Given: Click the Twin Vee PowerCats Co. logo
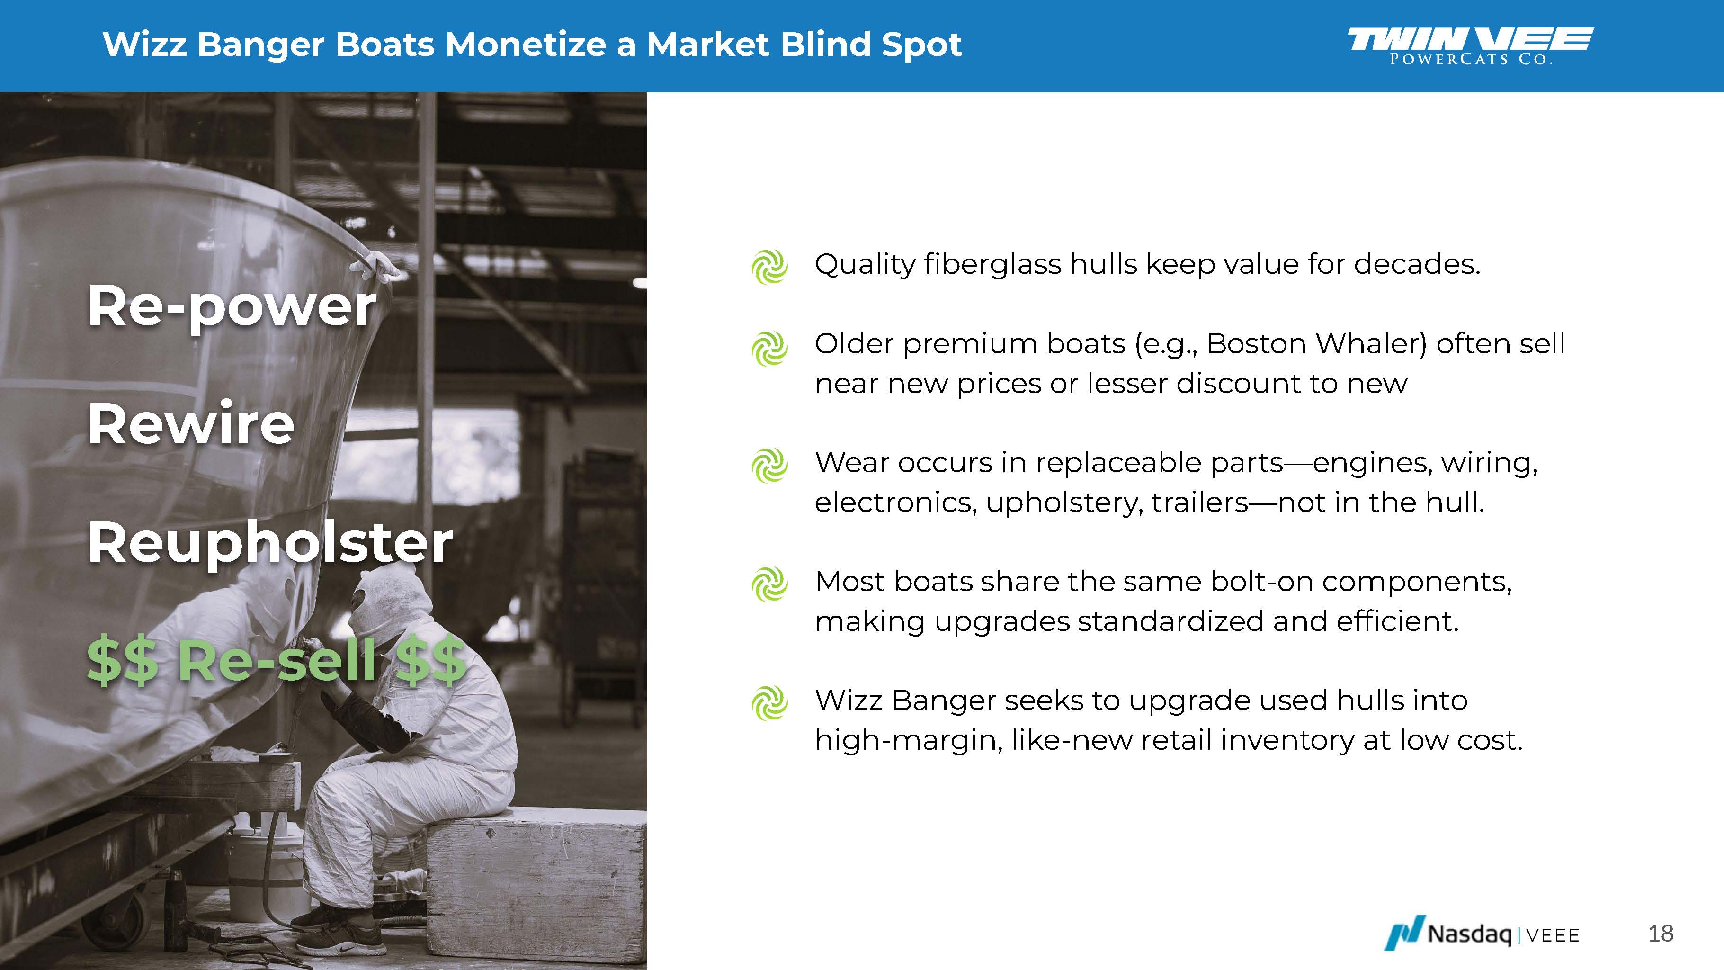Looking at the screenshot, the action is [x=1470, y=45].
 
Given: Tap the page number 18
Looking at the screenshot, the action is [x=1661, y=933].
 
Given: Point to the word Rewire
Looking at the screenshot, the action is [x=191, y=424].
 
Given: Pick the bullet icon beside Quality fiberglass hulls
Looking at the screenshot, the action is [x=769, y=267].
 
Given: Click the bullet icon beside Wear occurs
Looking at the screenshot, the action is [x=769, y=465].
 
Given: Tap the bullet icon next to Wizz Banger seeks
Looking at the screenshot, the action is [x=769, y=703].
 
